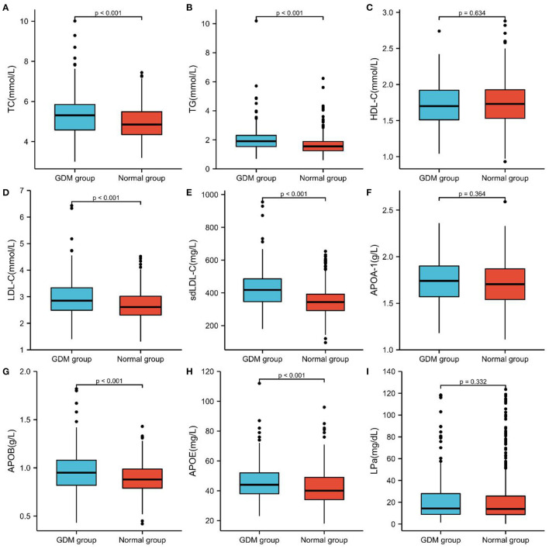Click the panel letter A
coord(6,6)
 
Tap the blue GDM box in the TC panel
coord(74,117)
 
